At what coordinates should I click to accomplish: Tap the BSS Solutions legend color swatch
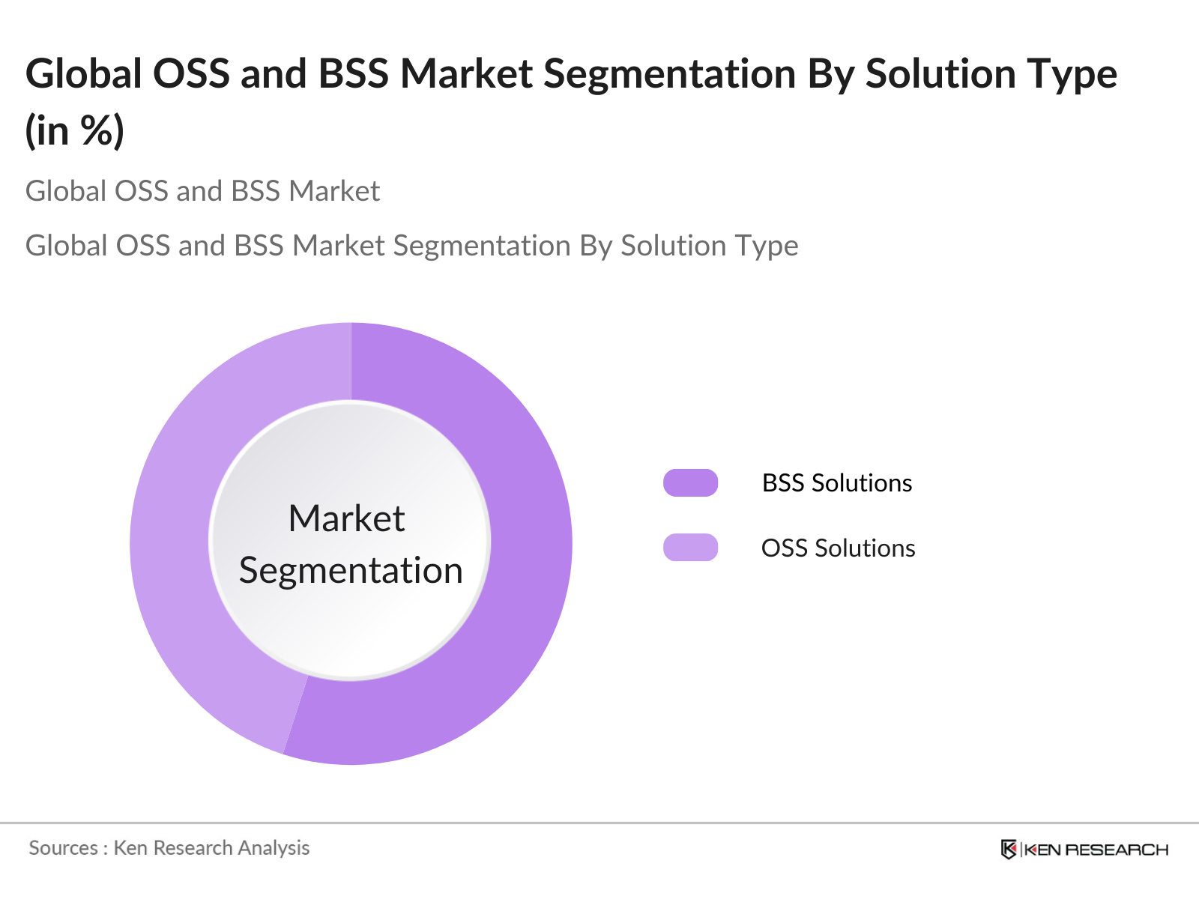pyautogui.click(x=690, y=483)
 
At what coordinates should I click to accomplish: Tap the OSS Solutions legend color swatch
pyautogui.click(x=690, y=548)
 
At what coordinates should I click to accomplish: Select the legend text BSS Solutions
pyautogui.click(x=836, y=483)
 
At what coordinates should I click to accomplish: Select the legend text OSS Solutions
pyautogui.click(x=838, y=548)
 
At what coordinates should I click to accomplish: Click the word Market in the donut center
pyautogui.click(x=346, y=518)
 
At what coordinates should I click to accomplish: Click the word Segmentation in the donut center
pyautogui.click(x=351, y=571)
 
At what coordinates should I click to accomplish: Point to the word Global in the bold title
pyautogui.click(x=84, y=74)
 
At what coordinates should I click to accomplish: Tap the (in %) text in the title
pyautogui.click(x=74, y=131)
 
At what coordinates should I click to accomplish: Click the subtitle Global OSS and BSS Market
pyautogui.click(x=202, y=191)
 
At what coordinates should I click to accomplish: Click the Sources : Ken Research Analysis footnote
pyautogui.click(x=169, y=848)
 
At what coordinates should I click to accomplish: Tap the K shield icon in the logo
pyautogui.click(x=1009, y=850)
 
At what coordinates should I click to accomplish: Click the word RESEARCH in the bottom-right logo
pyautogui.click(x=1117, y=850)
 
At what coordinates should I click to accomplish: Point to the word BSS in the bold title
pyautogui.click(x=353, y=74)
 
